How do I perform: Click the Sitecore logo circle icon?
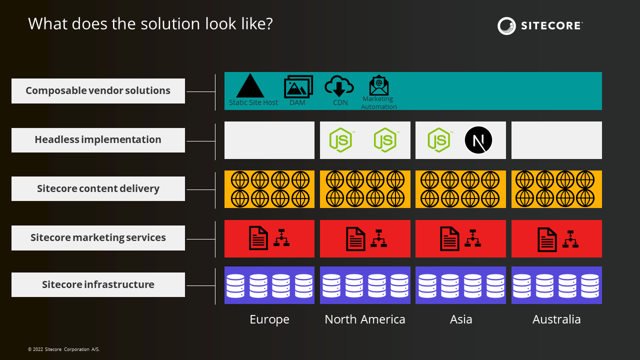coord(506,26)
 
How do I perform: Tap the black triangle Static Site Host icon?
coord(250,85)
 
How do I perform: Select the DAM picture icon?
coord(298,86)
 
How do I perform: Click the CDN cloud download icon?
coord(339,85)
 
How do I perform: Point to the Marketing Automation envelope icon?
coord(379,85)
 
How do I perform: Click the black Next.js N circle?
coord(478,140)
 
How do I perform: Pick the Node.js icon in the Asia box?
coord(439,140)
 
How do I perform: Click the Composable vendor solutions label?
coord(98,91)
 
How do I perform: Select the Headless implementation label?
coord(98,140)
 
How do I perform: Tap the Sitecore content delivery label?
coord(98,188)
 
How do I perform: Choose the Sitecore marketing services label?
coord(98,237)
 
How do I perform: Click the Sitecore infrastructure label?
coord(98,284)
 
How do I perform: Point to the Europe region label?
coord(269,319)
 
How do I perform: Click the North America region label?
coord(365,319)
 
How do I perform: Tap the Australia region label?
coord(556,319)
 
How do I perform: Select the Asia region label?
coord(461,319)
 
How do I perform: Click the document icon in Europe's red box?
coord(258,238)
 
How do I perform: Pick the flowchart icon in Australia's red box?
coord(570,239)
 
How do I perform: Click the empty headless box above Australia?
coord(556,140)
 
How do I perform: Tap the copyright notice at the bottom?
coord(63,349)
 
